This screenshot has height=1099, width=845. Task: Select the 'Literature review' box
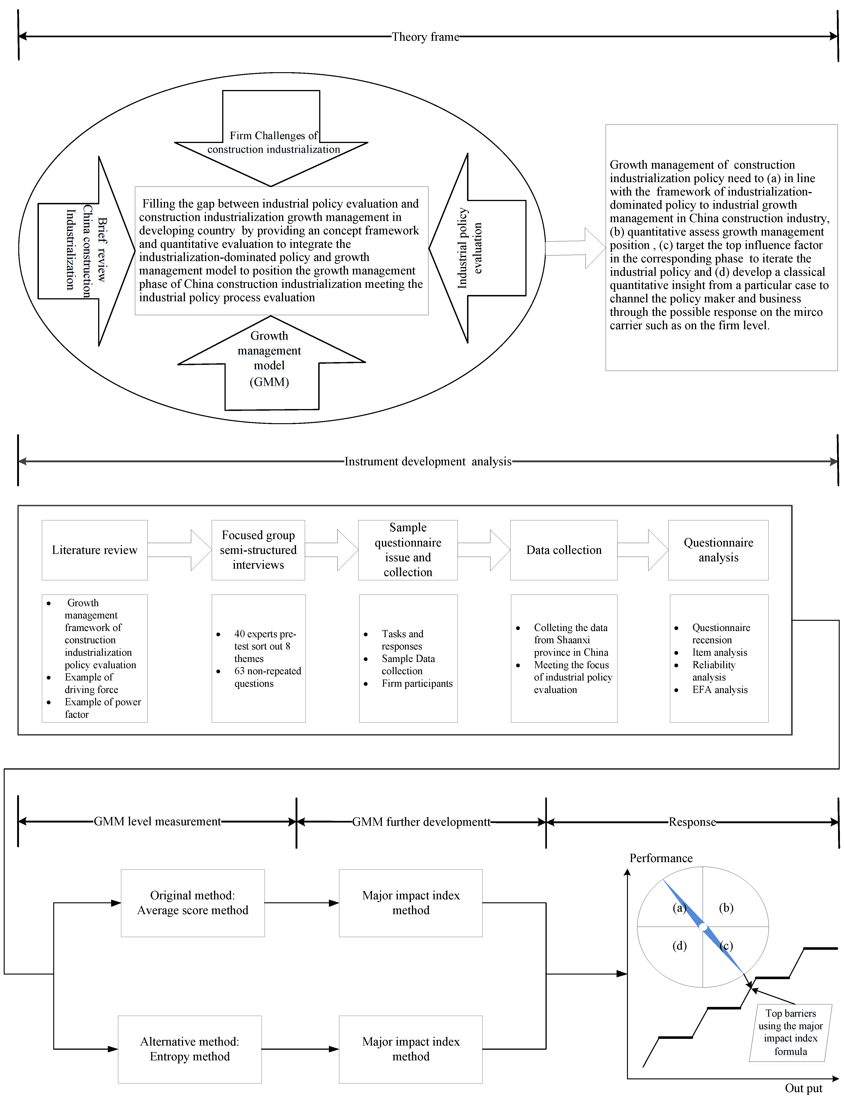point(95,550)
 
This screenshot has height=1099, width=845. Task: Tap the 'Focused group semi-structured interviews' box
point(258,550)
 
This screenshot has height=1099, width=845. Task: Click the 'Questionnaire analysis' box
point(718,550)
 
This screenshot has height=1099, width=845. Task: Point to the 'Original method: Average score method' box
point(193,903)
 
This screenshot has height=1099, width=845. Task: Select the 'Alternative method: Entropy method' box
point(190,1049)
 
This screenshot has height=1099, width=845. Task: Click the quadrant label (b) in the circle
point(726,907)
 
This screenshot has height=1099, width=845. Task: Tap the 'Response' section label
point(692,822)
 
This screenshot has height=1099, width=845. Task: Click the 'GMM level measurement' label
point(157,822)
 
